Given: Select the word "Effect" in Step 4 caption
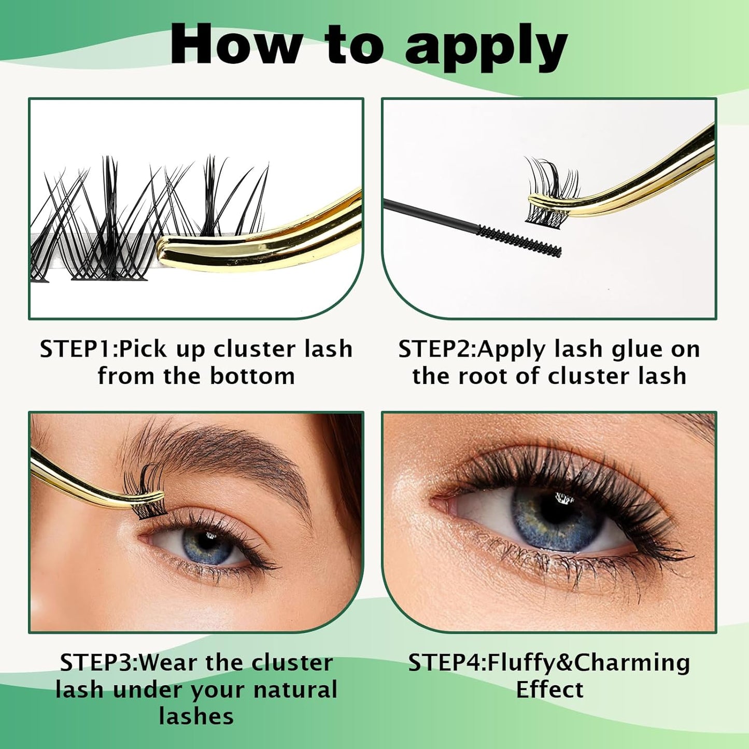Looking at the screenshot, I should pyautogui.click(x=549, y=690).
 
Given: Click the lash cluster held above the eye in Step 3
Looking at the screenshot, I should pyautogui.click(x=145, y=490).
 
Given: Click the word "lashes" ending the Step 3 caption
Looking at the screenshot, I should pyautogui.click(x=196, y=716).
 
